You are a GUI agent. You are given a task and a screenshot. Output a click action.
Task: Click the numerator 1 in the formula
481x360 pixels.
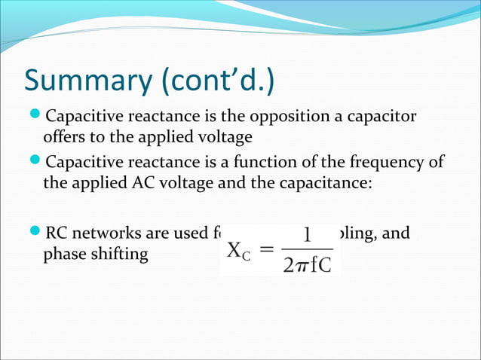(308, 236)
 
